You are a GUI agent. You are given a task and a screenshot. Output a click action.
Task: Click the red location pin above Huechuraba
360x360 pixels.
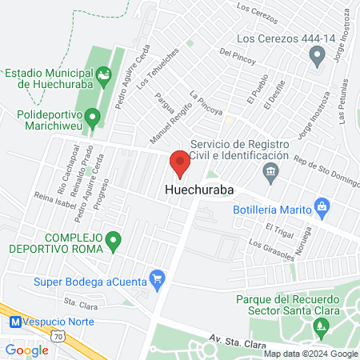click(x=180, y=162)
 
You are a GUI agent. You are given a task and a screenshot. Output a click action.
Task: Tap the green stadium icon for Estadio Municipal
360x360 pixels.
click(x=103, y=78)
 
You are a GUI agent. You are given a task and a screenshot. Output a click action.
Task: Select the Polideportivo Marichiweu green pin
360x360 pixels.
click(x=93, y=120)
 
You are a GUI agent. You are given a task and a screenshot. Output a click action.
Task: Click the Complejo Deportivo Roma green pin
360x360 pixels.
click(x=113, y=239)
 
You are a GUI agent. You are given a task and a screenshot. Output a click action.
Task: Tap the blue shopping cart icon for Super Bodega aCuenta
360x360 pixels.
click(x=158, y=280)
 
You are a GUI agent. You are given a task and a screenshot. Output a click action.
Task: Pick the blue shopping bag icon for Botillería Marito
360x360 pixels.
click(x=322, y=206)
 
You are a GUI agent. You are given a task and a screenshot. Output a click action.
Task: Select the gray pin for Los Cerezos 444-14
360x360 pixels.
click(x=317, y=55)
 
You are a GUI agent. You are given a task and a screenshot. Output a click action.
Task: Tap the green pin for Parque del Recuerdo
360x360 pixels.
click(x=322, y=326)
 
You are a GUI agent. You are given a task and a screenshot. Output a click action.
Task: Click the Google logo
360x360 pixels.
click(x=26, y=350)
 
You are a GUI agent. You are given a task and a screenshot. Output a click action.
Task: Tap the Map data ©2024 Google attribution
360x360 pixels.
click(x=310, y=354)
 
